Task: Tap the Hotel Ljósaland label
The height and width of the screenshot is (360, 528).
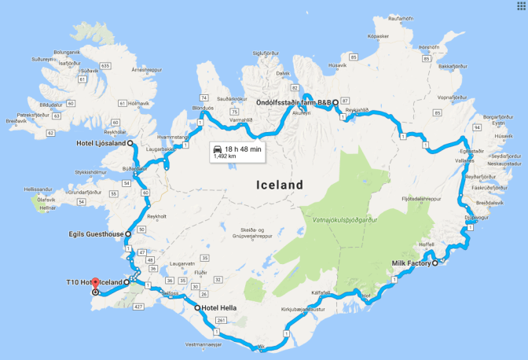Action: point(100,143)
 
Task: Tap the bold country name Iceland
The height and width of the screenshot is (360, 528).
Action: point(280,185)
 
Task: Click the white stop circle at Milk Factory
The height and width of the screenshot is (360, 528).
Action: point(434,263)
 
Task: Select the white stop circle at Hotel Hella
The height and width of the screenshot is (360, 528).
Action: point(196,307)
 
